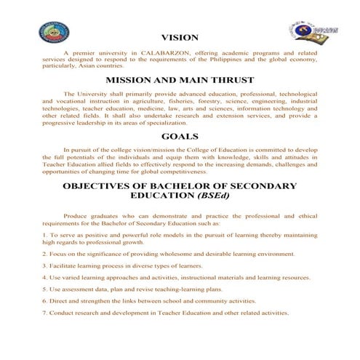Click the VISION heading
click(179, 37)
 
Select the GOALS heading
click(180, 135)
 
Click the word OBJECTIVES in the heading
click(103, 186)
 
